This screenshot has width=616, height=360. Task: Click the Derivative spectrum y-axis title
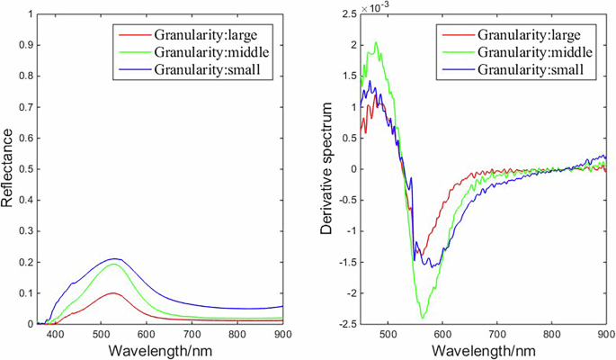(330, 168)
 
